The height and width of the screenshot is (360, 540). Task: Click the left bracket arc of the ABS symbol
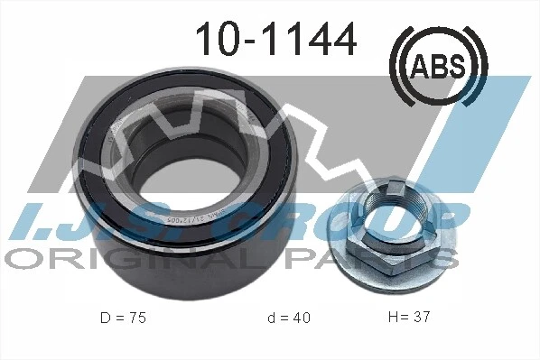tap(398, 64)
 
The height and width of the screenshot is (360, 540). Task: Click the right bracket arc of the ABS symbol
tap(478, 64)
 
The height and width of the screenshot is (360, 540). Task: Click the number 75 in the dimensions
tap(135, 318)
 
